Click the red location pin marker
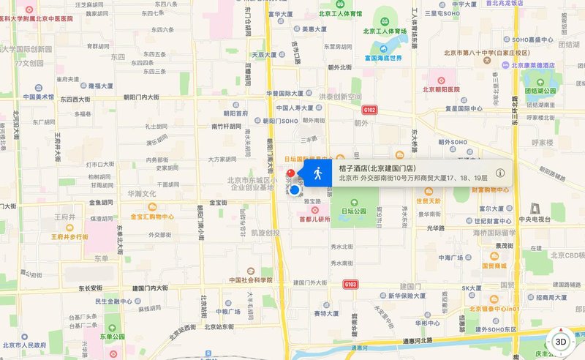pyautogui.click(x=290, y=175)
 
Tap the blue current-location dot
pyautogui.click(x=295, y=190)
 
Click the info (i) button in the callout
pyautogui.click(x=500, y=173)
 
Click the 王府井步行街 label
pyautogui.click(x=69, y=237)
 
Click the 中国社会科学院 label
pyautogui.click(x=250, y=280)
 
